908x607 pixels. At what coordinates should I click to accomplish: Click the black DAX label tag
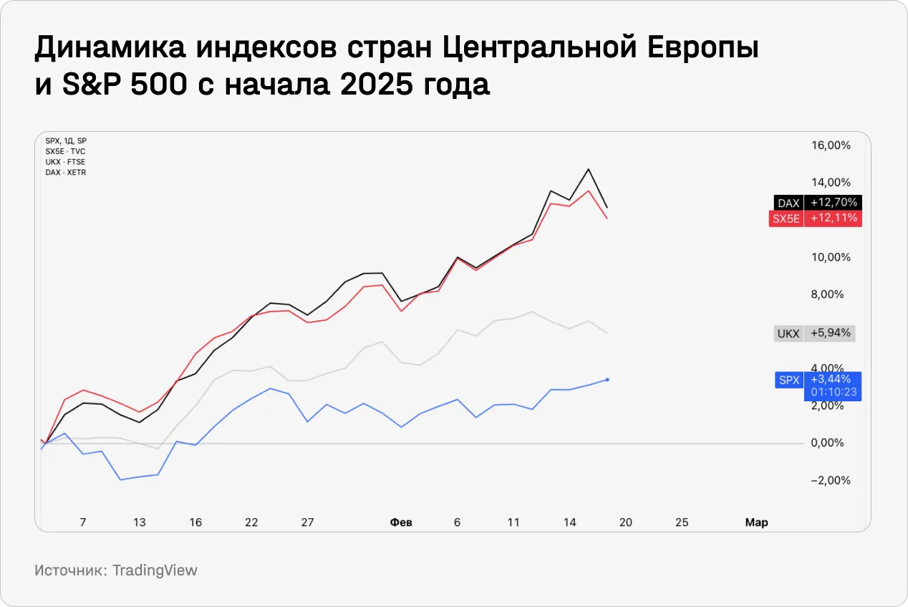pos(788,203)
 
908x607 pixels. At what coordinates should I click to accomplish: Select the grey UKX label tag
pos(788,333)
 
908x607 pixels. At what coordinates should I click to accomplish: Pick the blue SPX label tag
pos(788,380)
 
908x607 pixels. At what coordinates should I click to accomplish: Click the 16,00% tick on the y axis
pos(831,145)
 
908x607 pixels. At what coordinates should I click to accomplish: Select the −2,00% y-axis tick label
pos(831,480)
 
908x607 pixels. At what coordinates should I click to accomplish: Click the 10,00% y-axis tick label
pos(831,257)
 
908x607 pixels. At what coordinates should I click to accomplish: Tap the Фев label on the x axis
pos(401,522)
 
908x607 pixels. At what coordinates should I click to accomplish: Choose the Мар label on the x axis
pos(756,522)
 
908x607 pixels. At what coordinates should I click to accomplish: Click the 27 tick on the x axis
pos(307,522)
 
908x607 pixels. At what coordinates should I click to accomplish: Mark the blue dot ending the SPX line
pos(607,379)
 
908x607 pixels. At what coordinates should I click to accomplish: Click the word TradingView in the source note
pos(155,570)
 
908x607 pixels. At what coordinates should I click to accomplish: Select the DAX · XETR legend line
pos(65,173)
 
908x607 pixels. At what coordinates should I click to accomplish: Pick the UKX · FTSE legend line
pos(65,162)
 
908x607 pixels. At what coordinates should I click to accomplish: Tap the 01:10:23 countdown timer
pos(834,393)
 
